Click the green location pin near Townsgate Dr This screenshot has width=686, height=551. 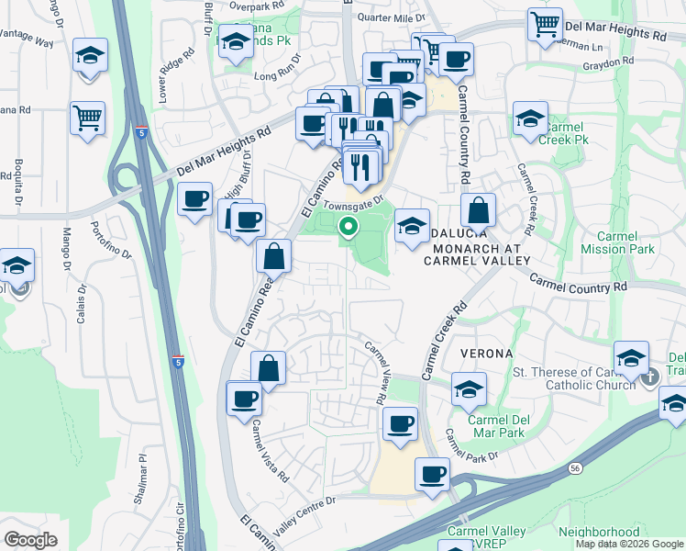tap(349, 225)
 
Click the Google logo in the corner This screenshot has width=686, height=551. tap(30, 540)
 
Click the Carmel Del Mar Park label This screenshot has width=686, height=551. tap(496, 426)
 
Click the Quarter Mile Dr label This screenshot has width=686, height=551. tap(392, 17)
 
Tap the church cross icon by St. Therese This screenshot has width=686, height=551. tap(650, 376)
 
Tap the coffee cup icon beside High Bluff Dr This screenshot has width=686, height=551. tap(194, 199)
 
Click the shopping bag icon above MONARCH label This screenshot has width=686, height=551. tap(478, 210)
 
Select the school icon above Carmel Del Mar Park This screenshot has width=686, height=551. tap(469, 389)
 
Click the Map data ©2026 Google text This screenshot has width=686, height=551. tap(628, 544)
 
